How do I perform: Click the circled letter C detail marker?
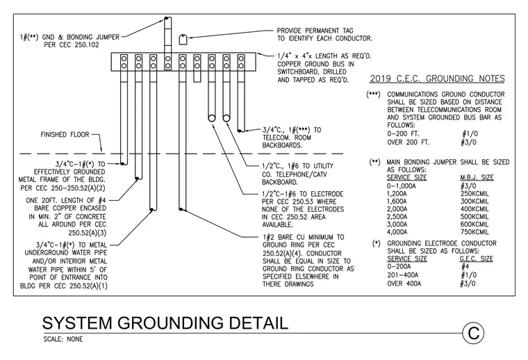click(x=473, y=334)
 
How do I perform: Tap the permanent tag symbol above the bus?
click(x=183, y=39)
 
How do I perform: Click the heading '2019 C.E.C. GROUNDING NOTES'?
click(x=437, y=79)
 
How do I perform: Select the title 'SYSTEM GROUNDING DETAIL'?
click(x=165, y=322)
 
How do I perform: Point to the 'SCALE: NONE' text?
click(x=63, y=339)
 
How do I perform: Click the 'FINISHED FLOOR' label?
click(x=65, y=135)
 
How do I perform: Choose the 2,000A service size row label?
click(x=397, y=209)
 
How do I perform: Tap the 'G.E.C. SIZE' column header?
click(x=476, y=259)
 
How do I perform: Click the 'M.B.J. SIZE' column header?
click(x=477, y=177)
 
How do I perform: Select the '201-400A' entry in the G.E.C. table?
click(x=404, y=275)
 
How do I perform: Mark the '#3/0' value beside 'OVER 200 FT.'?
click(x=469, y=142)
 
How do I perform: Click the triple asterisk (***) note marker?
click(x=374, y=94)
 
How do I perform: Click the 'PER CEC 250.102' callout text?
click(x=72, y=45)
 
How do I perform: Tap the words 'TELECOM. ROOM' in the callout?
click(x=287, y=138)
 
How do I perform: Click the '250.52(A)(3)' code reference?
click(x=88, y=233)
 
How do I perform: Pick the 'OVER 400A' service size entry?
click(x=404, y=284)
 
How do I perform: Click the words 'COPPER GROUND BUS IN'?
click(x=316, y=64)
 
